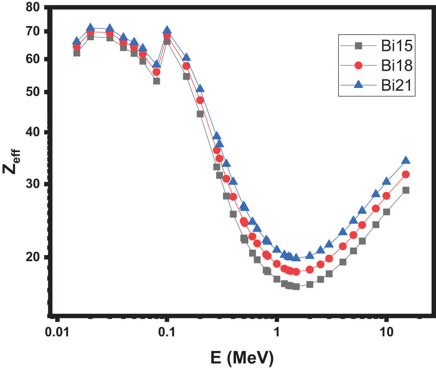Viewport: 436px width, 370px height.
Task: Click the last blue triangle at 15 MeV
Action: (x=405, y=160)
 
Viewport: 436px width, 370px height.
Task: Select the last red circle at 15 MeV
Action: (x=405, y=174)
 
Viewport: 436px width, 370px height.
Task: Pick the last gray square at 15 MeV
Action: (x=405, y=190)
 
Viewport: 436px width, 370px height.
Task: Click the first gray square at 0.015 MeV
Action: (x=77, y=53)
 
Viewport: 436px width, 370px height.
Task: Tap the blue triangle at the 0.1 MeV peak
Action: (x=167, y=30)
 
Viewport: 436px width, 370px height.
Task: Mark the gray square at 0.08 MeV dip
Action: (x=157, y=81)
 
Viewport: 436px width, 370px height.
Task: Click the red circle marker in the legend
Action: (x=359, y=65)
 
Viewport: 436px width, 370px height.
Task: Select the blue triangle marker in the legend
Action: (x=359, y=85)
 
